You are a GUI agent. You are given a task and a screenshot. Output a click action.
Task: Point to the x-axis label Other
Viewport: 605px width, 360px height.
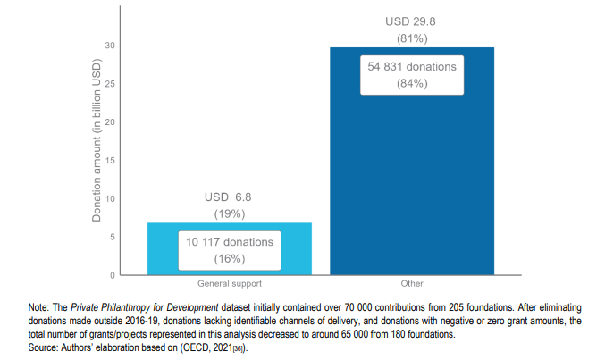click(412, 284)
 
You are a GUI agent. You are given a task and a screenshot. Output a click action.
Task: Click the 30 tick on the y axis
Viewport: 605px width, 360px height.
click(111, 46)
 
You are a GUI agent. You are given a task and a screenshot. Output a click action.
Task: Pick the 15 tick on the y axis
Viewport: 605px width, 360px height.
click(111, 160)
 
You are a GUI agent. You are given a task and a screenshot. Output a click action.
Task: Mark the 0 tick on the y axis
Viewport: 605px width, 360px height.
click(113, 274)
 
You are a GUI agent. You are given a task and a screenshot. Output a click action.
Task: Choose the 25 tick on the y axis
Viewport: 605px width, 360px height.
click(111, 84)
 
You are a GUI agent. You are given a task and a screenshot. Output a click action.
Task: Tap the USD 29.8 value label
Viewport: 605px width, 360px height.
click(412, 21)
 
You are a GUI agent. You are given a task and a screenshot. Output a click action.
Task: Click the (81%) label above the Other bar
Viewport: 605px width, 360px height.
click(412, 38)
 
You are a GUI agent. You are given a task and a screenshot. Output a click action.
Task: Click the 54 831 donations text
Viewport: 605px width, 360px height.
click(412, 67)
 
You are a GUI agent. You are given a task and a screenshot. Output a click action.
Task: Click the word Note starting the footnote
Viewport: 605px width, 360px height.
click(40, 307)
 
